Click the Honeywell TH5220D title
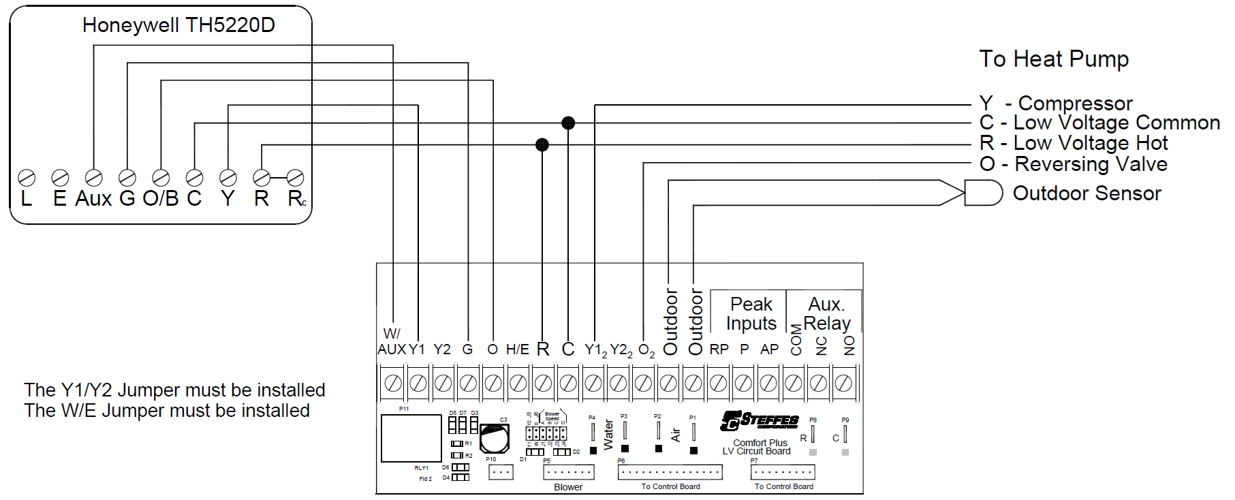(178, 25)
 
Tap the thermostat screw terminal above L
(27, 178)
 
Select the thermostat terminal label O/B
(160, 198)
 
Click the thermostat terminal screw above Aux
(93, 178)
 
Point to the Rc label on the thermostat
(296, 198)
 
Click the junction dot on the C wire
(568, 123)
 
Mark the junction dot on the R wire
(542, 144)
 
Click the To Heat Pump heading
(1053, 59)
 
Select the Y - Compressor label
(1055, 104)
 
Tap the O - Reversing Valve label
(1073, 164)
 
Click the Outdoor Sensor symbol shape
(983, 193)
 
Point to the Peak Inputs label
(751, 313)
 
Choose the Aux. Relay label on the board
(826, 313)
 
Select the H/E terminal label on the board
(518, 349)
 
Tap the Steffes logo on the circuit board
(760, 421)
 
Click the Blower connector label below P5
(568, 487)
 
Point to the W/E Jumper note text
(167, 411)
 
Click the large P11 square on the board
(411, 438)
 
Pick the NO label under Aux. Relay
(849, 345)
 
